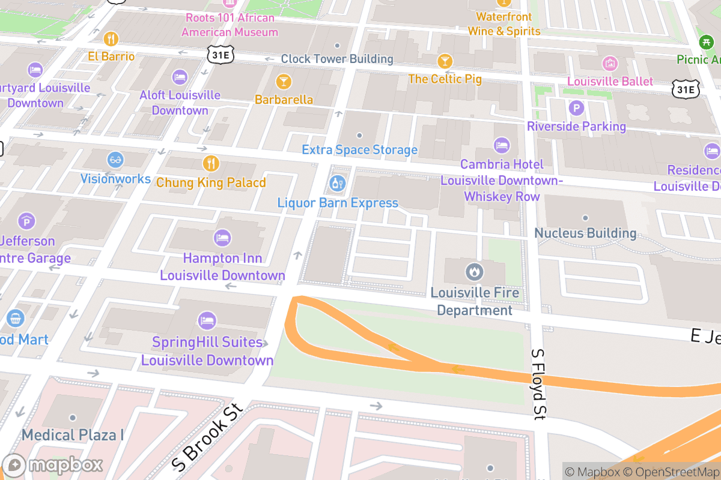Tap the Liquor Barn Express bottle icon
tap(338, 182)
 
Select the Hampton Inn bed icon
tap(222, 238)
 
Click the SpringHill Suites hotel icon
tap(207, 320)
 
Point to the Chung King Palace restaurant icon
tap(210, 163)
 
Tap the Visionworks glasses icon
tap(115, 160)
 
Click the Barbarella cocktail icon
tap(284, 81)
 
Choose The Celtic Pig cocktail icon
tap(445, 61)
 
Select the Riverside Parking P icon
tap(576, 108)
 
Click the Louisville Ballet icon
tap(610, 63)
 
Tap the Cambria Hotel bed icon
tap(502, 145)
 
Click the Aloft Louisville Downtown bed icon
tap(180, 77)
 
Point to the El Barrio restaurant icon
tap(111, 40)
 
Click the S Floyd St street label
tap(540, 383)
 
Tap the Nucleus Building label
tap(585, 233)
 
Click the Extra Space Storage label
tap(359, 150)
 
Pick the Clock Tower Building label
tap(337, 59)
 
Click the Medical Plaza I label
tap(73, 434)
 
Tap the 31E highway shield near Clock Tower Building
tap(220, 55)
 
